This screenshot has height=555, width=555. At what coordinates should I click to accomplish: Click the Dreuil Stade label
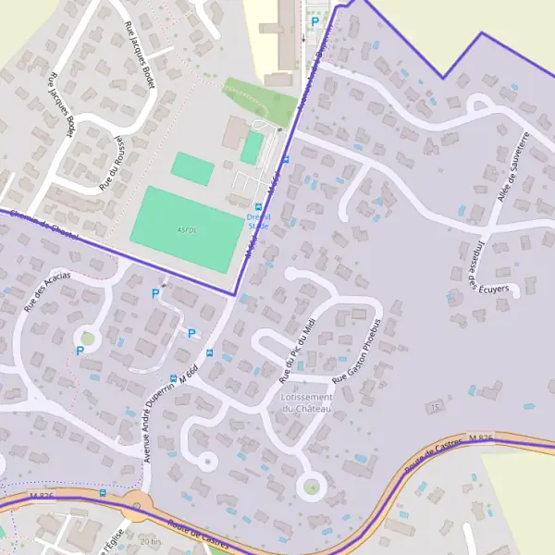click(x=258, y=219)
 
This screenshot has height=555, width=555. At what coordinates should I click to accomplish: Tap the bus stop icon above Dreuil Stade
click(x=258, y=206)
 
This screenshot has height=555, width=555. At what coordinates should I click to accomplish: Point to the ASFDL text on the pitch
click(x=185, y=229)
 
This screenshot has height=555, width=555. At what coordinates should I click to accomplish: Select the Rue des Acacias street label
click(x=47, y=296)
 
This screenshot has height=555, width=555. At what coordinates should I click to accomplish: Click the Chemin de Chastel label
click(x=41, y=226)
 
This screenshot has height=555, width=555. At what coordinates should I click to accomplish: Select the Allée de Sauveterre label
click(x=511, y=168)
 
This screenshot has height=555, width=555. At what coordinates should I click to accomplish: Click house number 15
click(x=432, y=406)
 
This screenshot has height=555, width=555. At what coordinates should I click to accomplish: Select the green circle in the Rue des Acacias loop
click(x=88, y=338)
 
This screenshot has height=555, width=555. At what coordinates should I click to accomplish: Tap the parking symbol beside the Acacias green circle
click(x=80, y=351)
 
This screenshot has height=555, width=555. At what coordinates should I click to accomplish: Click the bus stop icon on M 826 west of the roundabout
click(x=102, y=493)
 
